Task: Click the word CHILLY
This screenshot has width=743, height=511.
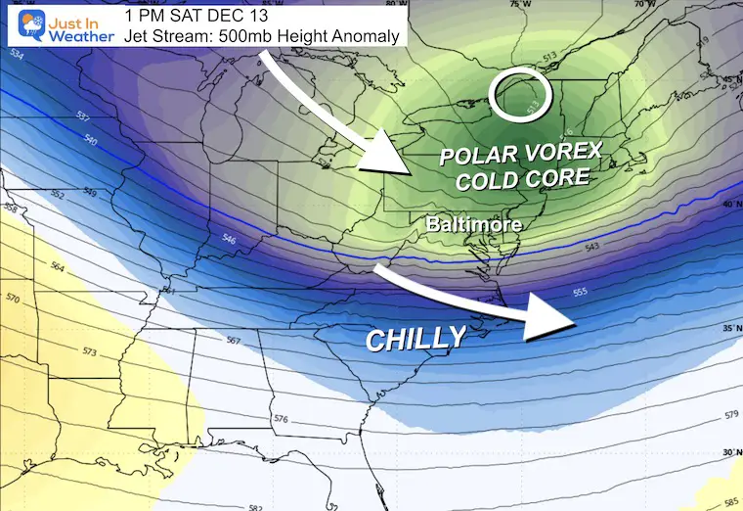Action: pos(415,339)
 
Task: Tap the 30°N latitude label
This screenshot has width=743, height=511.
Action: pos(729,451)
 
